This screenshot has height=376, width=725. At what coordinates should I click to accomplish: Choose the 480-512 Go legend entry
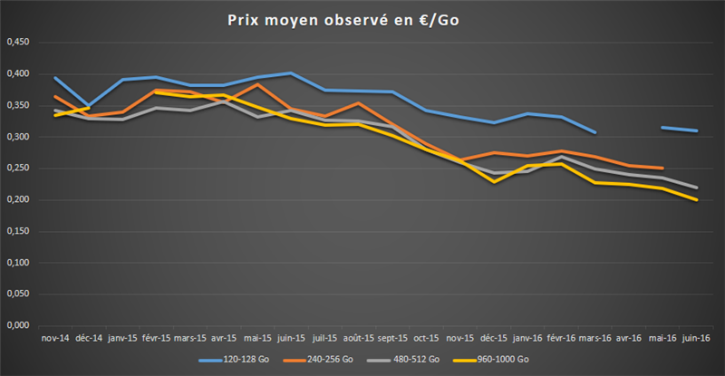tap(419, 359)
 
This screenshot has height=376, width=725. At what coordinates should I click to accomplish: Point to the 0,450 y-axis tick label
tap(18, 42)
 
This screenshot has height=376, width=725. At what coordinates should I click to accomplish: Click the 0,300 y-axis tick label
tap(18, 137)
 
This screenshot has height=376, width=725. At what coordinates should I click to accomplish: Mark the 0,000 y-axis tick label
tap(18, 325)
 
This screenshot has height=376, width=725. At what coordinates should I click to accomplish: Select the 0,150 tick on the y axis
tap(18, 231)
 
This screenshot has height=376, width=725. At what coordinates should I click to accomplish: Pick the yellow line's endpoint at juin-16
tap(696, 199)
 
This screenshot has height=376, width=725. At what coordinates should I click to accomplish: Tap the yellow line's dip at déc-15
tap(494, 181)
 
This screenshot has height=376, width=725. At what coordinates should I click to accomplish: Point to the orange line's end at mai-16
tap(662, 168)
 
